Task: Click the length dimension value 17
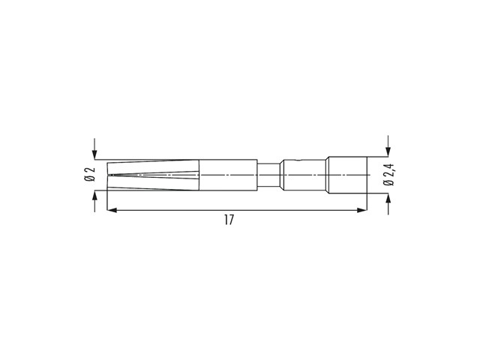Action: tap(229, 220)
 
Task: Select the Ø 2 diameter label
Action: tap(90, 174)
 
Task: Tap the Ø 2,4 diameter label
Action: tap(389, 175)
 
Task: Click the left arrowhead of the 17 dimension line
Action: tap(112, 210)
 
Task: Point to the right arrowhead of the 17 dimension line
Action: tap(362, 210)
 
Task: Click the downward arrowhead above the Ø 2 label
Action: tap(94, 154)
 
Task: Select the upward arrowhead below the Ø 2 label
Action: tap(94, 196)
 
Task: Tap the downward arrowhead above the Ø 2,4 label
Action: tap(388, 151)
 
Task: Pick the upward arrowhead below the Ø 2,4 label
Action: tap(388, 198)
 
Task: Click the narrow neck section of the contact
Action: tap(268, 175)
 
